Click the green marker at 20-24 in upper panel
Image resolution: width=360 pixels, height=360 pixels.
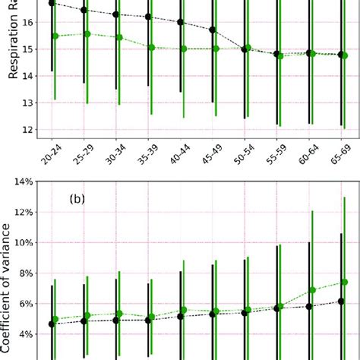pyautogui.click(x=55, y=36)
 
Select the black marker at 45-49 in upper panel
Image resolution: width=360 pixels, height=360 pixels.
pyautogui.click(x=213, y=30)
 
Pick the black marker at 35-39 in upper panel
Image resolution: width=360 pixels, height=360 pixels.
pyautogui.click(x=148, y=17)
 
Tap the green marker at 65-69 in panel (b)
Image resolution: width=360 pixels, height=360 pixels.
pyautogui.click(x=345, y=282)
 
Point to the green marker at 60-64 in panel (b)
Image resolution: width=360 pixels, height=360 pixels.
pyautogui.click(x=312, y=290)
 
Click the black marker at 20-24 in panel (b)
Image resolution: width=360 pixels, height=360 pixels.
pyautogui.click(x=52, y=324)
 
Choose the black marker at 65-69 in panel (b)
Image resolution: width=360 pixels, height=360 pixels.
pyautogui.click(x=341, y=302)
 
